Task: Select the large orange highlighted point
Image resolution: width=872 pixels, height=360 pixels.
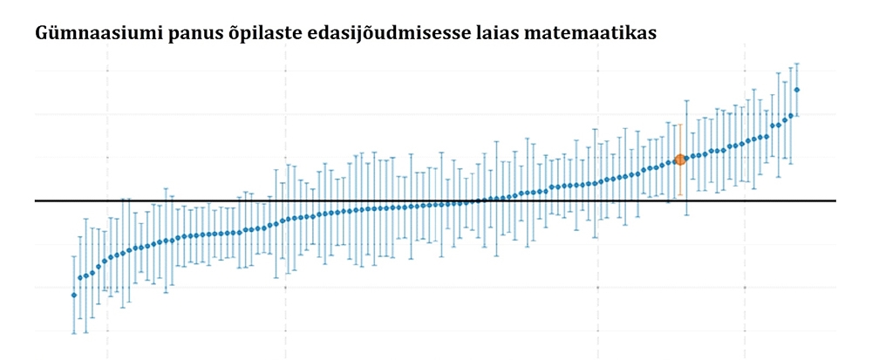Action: pyautogui.click(x=680, y=160)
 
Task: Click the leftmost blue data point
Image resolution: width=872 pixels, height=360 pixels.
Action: pyautogui.click(x=73, y=295)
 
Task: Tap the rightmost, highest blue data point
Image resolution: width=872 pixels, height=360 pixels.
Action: pyautogui.click(x=797, y=90)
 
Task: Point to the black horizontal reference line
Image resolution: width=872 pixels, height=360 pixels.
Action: pyautogui.click(x=436, y=200)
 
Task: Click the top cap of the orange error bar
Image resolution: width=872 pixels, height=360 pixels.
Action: pyautogui.click(x=680, y=124)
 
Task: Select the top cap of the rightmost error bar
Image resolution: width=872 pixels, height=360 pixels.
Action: pyautogui.click(x=797, y=64)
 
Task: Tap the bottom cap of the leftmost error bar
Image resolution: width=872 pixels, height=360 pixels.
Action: pyautogui.click(x=73, y=333)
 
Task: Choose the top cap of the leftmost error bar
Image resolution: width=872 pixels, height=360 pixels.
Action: pyautogui.click(x=73, y=256)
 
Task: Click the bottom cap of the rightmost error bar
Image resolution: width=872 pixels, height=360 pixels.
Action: pyautogui.click(x=797, y=115)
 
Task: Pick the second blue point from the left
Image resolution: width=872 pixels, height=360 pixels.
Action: pyautogui.click(x=79, y=278)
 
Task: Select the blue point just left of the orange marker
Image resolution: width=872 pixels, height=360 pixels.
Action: pyautogui.click(x=674, y=161)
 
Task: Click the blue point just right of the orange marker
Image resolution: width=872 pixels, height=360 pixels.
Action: pyautogui.click(x=687, y=158)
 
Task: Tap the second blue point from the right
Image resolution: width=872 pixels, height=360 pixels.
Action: pyautogui.click(x=791, y=115)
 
